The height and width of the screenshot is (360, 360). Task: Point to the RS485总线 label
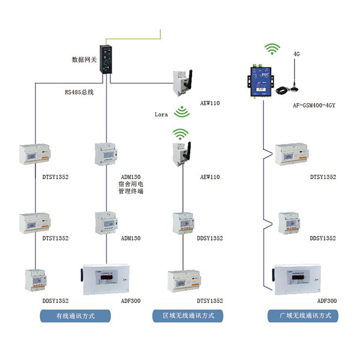click(79, 93)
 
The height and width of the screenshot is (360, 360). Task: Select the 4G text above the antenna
click(296, 54)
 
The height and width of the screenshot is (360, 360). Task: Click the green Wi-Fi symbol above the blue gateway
click(273, 49)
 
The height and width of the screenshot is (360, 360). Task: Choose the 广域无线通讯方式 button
click(304, 315)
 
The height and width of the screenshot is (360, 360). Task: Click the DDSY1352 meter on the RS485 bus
click(37, 280)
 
